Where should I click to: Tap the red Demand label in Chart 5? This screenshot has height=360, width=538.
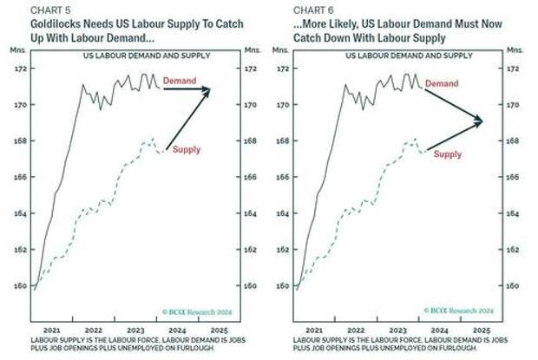[x=180, y=81]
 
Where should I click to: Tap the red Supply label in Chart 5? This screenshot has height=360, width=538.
[x=186, y=149]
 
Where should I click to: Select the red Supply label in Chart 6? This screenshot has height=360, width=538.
[x=447, y=154]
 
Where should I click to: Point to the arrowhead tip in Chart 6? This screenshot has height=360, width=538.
[x=482, y=121]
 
